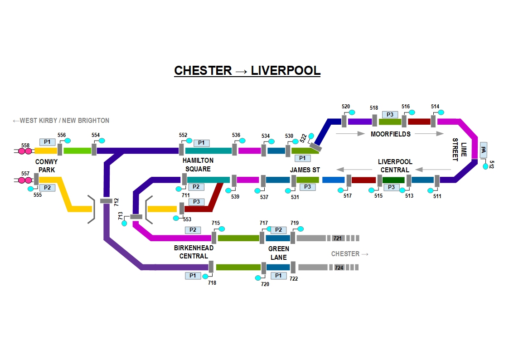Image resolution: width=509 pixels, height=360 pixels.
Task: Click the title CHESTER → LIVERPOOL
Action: (247, 71)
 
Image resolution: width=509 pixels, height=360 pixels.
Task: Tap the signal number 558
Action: (25, 146)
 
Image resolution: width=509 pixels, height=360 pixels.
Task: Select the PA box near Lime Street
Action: (484, 149)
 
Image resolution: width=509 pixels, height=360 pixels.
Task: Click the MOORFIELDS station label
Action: (390, 134)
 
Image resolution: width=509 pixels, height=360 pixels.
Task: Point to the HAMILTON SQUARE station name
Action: (198, 165)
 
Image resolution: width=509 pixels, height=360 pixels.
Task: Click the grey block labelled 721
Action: (337, 238)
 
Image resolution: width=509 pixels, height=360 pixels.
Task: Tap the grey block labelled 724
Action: (339, 268)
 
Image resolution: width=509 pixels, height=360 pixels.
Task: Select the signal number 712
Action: (116, 201)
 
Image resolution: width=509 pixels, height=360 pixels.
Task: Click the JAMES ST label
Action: (305, 170)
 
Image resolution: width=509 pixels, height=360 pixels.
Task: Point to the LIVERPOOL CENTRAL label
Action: (395, 166)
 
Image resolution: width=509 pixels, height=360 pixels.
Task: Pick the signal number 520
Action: (346, 107)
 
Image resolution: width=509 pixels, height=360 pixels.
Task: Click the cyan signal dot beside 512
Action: (486, 166)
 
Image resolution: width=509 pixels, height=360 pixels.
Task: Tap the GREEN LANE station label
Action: (278, 253)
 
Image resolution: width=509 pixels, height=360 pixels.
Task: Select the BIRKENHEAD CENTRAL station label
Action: (194, 252)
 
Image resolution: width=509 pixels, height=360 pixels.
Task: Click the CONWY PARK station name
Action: (46, 165)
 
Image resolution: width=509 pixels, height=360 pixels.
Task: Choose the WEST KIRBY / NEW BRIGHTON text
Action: (61, 121)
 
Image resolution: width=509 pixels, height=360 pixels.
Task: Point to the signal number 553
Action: (187, 219)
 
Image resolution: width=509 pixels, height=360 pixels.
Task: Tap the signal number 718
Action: (212, 283)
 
